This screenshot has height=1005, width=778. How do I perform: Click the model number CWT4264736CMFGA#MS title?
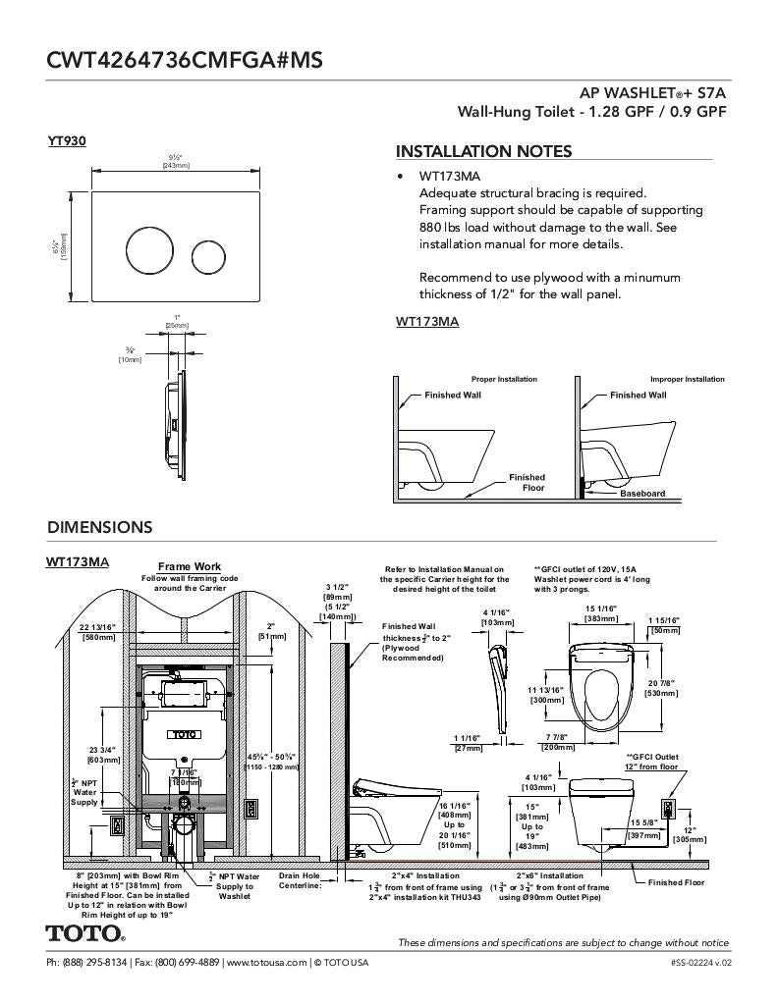coord(185,60)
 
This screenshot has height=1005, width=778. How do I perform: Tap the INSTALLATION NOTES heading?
coord(483,151)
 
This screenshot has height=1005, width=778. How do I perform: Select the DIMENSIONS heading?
coord(99,527)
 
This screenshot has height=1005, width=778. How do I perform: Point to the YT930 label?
coord(67,141)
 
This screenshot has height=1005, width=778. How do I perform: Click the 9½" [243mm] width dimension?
coord(176,162)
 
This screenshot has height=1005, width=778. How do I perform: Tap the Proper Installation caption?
coord(504,379)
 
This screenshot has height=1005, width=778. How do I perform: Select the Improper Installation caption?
coord(687,379)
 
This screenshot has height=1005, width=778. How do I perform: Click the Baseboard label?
coord(642,494)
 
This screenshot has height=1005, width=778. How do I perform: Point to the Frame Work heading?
coord(190,566)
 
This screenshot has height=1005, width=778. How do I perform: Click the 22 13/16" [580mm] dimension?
coord(97,631)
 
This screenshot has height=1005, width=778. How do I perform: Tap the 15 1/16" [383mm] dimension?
coord(600,613)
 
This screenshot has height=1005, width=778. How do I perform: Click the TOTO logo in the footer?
coord(85,932)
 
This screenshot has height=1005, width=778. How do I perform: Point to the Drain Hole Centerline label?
coord(300,880)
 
